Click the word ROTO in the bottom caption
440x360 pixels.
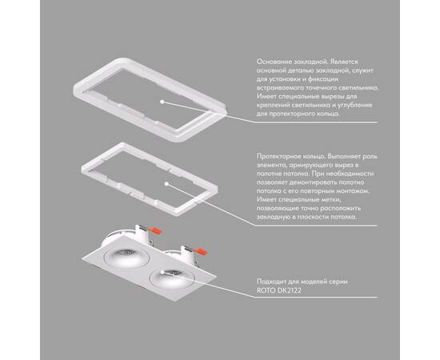point(266,290)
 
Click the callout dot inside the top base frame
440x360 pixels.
point(162,102)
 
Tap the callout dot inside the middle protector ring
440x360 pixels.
point(166,184)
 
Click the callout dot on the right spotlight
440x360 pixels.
point(162,272)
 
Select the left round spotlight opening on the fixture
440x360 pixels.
point(126,256)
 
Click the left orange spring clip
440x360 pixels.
point(155,230)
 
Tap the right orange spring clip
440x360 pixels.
point(200,250)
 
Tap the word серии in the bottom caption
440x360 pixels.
point(338,282)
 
